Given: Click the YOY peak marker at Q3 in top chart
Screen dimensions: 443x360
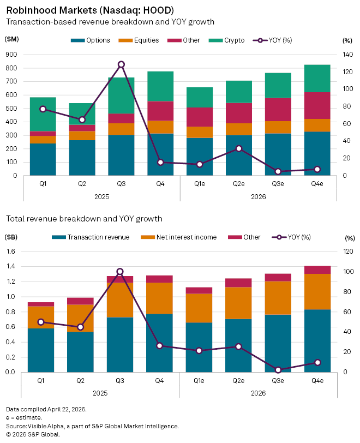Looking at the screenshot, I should click(122, 64).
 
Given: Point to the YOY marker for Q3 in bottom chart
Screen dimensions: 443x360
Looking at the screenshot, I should click(121, 272).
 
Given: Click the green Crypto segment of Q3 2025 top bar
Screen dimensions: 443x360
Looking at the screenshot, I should click(122, 95).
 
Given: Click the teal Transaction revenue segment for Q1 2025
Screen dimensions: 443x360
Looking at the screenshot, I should click(41, 350).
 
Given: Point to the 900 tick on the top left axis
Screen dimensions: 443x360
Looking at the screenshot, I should click(12, 55).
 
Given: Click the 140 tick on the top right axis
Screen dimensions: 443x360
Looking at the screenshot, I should click(347, 55).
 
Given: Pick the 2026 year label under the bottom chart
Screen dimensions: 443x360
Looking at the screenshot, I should click(259, 392).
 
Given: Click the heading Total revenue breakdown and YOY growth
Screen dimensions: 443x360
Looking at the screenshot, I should click(84, 219).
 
